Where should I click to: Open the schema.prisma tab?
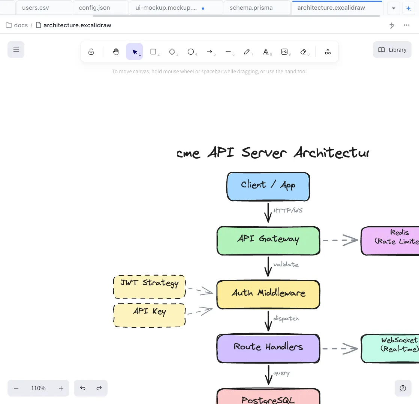click(x=251, y=7)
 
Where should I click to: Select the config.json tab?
click(x=94, y=7)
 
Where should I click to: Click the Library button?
click(x=392, y=50)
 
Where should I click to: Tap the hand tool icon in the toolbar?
click(x=116, y=52)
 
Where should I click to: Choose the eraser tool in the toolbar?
click(x=304, y=52)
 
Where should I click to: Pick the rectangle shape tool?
click(x=153, y=52)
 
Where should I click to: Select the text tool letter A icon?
click(x=266, y=52)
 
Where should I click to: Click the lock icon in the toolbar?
click(x=91, y=52)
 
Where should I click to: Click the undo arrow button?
click(x=82, y=388)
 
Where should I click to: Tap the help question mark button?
click(x=403, y=388)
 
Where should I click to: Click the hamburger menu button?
click(x=16, y=50)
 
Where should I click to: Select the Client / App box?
click(x=268, y=186)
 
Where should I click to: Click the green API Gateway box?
click(x=268, y=241)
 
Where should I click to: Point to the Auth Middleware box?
click(x=268, y=294)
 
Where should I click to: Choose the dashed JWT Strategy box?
click(x=149, y=287)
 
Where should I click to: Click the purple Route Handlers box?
click(x=268, y=348)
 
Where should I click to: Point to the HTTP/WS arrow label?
click(x=288, y=211)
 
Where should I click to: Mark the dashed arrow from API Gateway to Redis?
click(x=340, y=240)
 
